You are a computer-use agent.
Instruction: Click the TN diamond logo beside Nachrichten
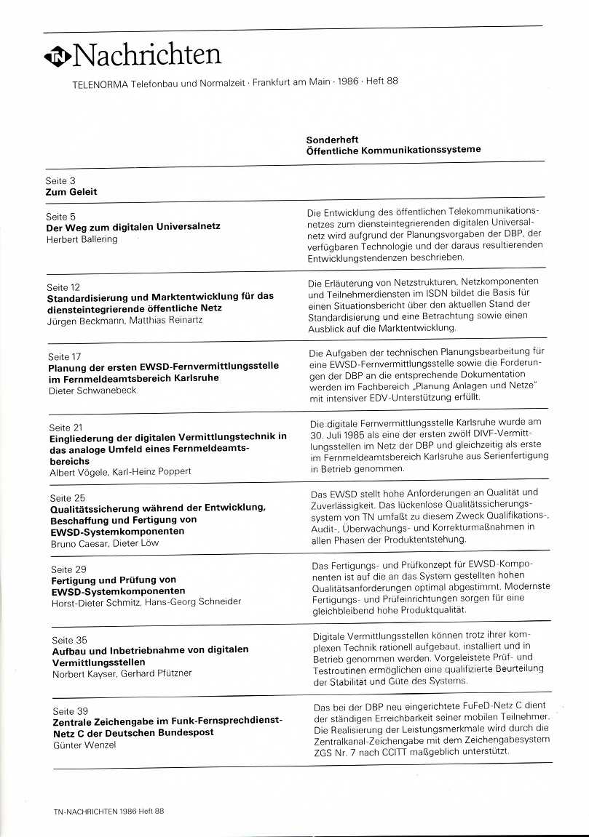point(58,57)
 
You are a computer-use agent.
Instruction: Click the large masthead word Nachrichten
point(147,55)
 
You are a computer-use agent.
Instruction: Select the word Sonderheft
point(332,139)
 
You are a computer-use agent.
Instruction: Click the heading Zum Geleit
point(71,192)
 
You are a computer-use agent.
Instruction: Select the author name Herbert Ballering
point(82,239)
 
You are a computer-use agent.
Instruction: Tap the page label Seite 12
point(63,287)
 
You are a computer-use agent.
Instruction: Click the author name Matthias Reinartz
point(166,320)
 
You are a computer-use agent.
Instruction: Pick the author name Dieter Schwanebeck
point(92,391)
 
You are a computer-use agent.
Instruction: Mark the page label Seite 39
point(70,710)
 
